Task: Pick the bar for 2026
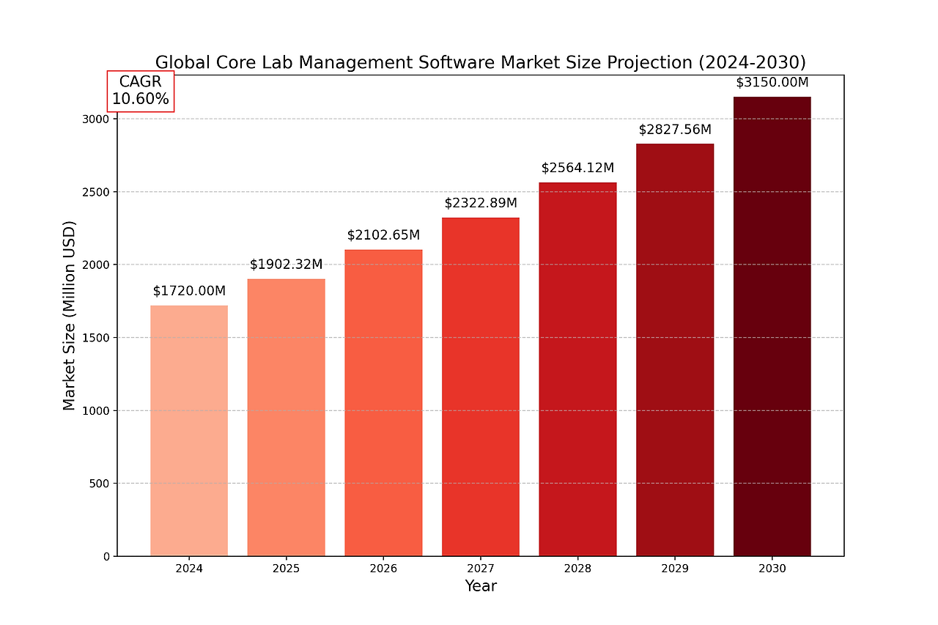point(383,403)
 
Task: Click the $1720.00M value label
point(189,291)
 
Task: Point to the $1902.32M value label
point(286,265)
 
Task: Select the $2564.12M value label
point(577,168)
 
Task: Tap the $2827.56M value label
point(675,130)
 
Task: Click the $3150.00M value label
point(772,82)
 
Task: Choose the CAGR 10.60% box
point(141,91)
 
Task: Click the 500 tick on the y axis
point(99,484)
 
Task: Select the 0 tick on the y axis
point(106,556)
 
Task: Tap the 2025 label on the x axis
point(286,569)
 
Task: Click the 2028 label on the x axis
point(577,569)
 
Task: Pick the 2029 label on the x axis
point(675,569)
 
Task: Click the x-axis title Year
point(481,586)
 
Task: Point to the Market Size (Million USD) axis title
point(69,315)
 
